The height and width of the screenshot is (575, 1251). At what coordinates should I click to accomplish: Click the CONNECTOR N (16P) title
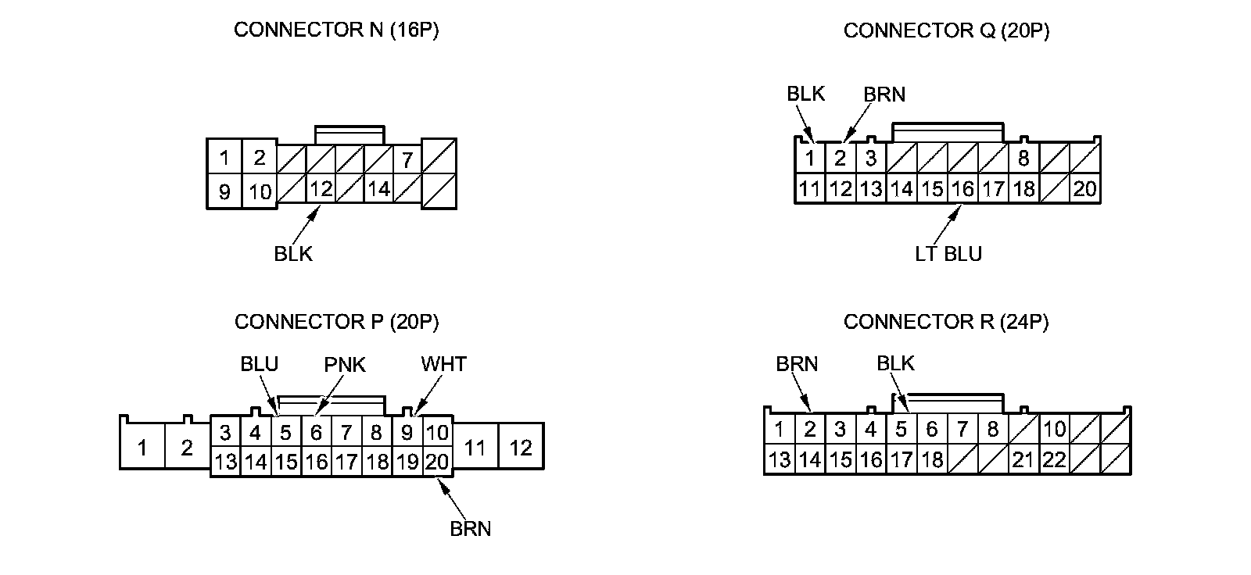(x=336, y=30)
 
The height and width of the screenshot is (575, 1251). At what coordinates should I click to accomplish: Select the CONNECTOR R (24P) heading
(x=946, y=322)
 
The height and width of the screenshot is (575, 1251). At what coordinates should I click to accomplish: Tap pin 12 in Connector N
(x=321, y=189)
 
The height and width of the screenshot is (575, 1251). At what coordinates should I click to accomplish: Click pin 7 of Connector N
(x=407, y=159)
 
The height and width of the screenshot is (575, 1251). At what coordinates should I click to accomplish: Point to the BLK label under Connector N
(x=293, y=254)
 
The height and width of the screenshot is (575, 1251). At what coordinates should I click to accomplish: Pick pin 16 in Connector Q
(x=962, y=189)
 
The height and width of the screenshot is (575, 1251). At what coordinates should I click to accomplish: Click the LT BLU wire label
(x=948, y=254)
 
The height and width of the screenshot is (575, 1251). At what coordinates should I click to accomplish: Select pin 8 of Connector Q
(x=1023, y=159)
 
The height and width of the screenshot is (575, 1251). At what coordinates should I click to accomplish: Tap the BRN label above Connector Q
(x=884, y=95)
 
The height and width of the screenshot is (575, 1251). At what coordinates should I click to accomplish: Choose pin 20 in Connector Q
(x=1084, y=189)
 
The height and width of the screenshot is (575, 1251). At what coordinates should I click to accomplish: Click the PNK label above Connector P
(x=345, y=365)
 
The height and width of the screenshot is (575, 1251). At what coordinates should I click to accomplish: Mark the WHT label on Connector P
(x=443, y=364)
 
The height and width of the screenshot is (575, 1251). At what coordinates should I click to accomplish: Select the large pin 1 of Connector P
(x=142, y=448)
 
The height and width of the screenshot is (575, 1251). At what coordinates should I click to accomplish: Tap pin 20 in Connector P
(x=437, y=462)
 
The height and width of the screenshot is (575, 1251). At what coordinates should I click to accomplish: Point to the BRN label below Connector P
(x=471, y=529)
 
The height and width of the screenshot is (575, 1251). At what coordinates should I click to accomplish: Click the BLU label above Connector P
(x=260, y=364)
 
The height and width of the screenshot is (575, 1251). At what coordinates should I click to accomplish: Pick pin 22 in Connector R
(x=1054, y=459)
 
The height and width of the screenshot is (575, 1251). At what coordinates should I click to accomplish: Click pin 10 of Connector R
(x=1054, y=429)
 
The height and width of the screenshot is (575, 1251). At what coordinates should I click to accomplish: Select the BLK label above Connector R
(x=895, y=363)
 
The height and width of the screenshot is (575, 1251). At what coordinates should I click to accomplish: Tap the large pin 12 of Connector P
(x=521, y=448)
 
